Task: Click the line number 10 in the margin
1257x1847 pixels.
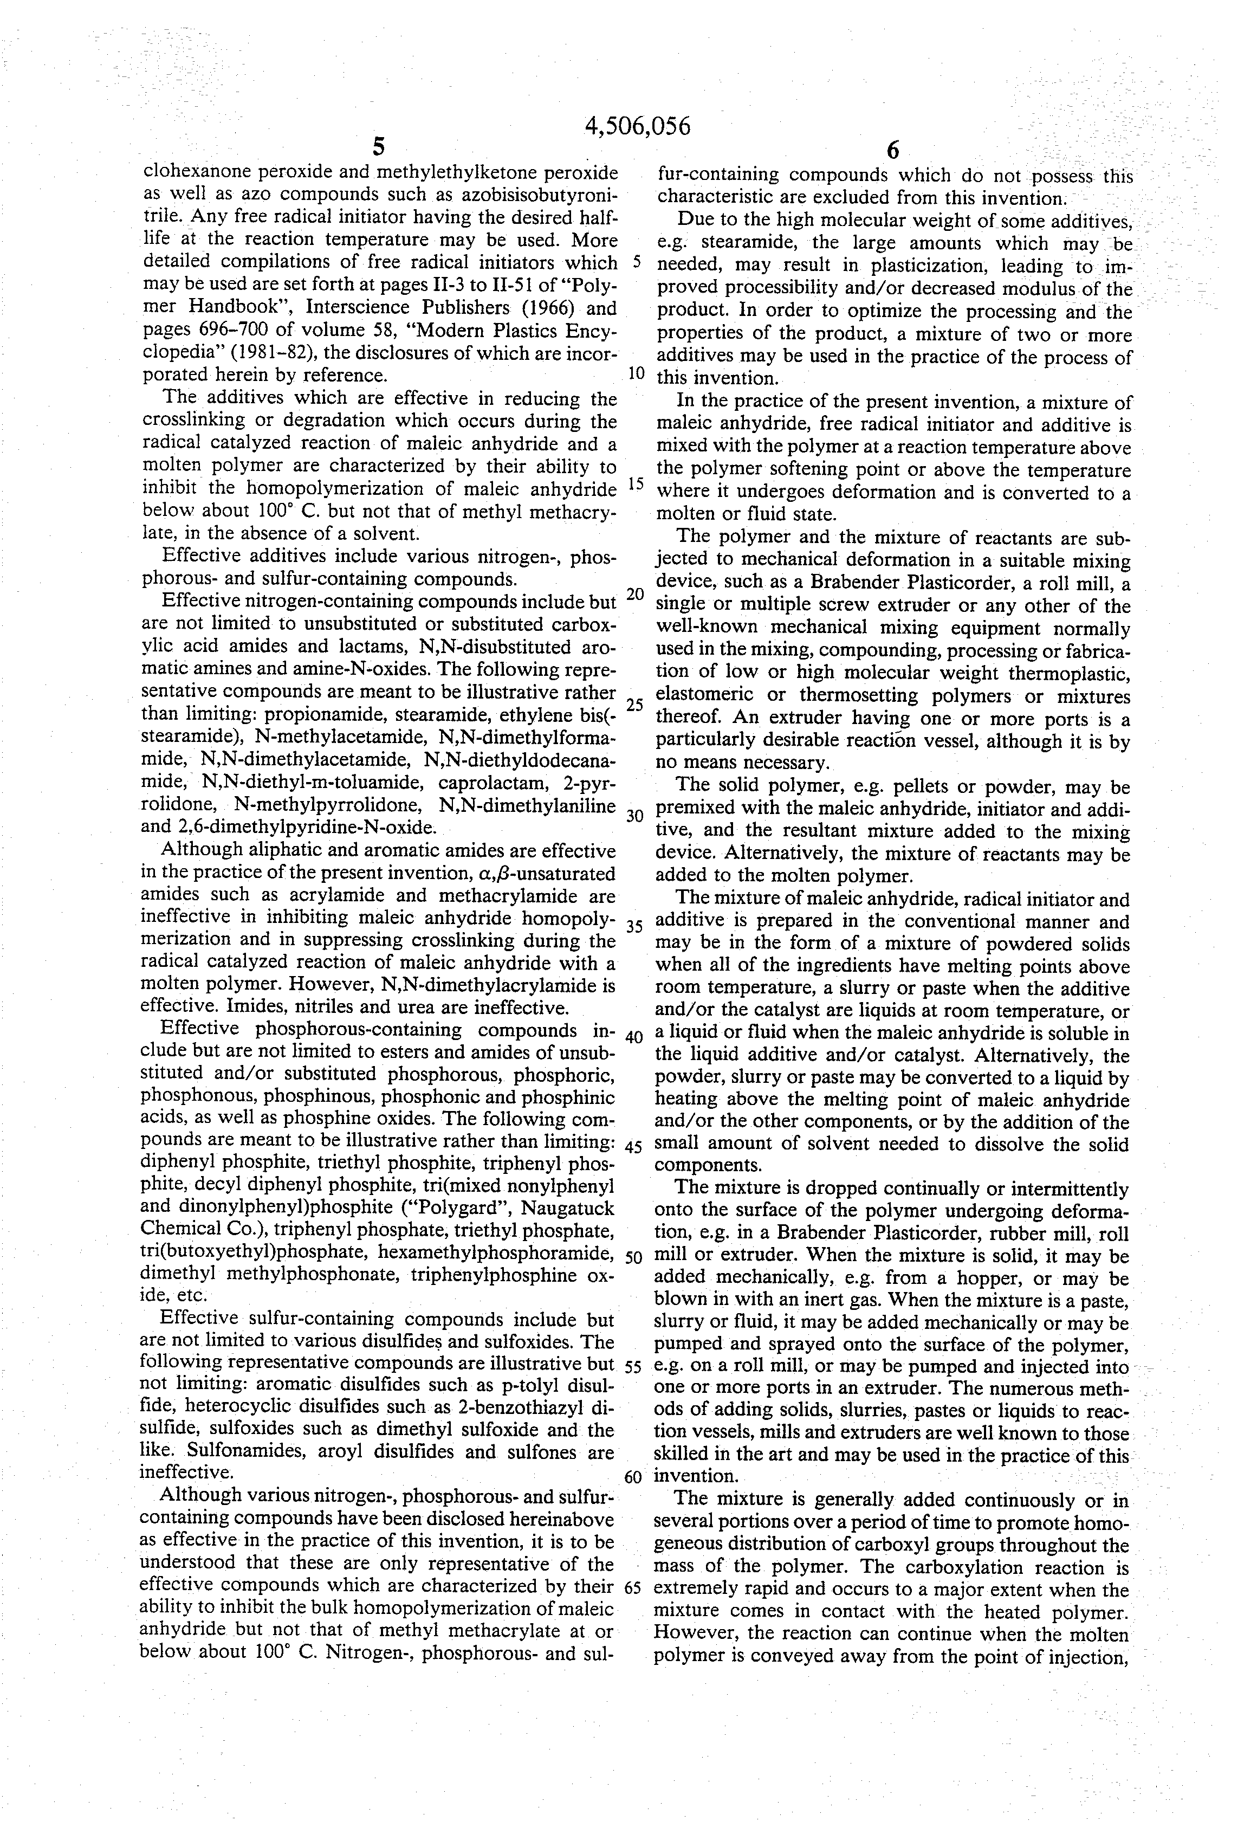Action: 636,373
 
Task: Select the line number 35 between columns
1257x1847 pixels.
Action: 634,927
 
